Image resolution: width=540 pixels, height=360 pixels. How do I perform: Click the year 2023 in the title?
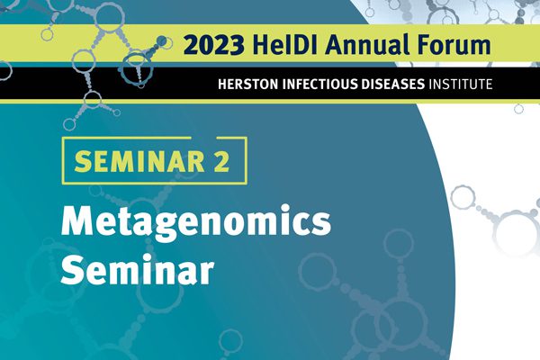click(x=214, y=46)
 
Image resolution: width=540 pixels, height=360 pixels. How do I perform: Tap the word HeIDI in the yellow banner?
click(x=284, y=45)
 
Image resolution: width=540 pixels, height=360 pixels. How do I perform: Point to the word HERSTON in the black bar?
click(x=248, y=85)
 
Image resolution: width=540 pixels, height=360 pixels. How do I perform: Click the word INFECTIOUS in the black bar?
click(x=318, y=85)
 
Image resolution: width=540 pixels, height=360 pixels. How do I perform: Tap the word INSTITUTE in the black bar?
click(x=461, y=85)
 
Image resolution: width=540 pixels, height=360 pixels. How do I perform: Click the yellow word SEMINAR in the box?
click(x=139, y=161)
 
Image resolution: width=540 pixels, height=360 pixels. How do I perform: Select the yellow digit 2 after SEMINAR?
click(x=221, y=161)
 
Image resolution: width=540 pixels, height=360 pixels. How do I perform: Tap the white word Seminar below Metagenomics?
click(x=138, y=269)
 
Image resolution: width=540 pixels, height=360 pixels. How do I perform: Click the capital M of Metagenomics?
click(x=76, y=220)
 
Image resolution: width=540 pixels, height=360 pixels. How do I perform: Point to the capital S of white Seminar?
click(x=70, y=269)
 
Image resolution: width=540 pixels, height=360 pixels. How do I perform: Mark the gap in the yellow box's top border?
click(x=204, y=138)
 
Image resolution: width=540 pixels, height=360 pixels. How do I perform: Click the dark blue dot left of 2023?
click(x=161, y=41)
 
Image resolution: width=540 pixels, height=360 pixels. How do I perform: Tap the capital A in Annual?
click(x=333, y=44)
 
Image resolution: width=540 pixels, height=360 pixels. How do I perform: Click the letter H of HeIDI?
click(x=261, y=44)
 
